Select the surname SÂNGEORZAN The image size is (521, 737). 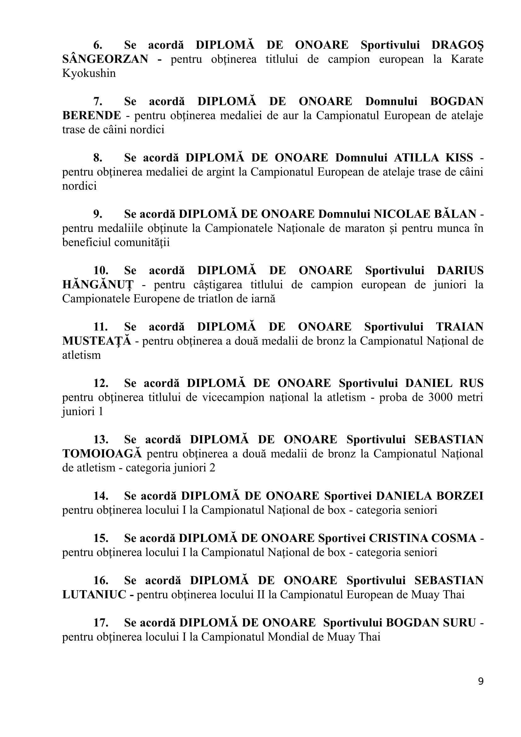click(105, 59)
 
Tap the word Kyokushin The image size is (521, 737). click(89, 73)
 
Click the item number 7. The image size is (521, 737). click(98, 101)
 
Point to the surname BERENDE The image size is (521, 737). click(91, 116)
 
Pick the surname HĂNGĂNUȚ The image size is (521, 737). click(98, 285)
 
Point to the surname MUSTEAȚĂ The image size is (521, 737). click(97, 341)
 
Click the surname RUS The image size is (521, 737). click(471, 383)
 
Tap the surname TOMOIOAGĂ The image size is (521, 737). click(102, 453)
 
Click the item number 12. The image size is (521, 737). click(101, 383)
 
